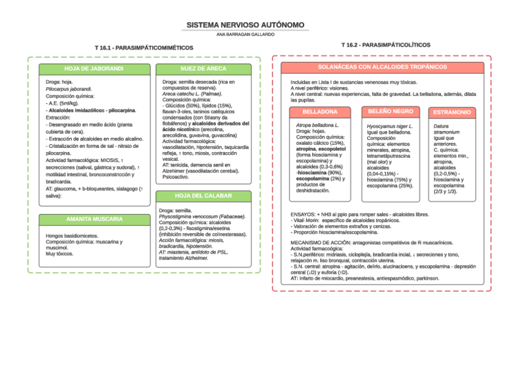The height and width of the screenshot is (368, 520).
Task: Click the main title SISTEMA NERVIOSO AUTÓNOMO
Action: coord(245,25)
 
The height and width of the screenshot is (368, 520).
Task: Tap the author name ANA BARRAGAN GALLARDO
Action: coord(245,34)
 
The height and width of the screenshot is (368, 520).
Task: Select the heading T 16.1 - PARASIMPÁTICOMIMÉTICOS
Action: coord(143,47)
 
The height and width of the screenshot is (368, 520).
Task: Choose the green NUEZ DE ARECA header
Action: coord(203,69)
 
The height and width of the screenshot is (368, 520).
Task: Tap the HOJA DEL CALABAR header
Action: coord(203,196)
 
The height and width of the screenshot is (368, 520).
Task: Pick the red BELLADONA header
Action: coord(319,112)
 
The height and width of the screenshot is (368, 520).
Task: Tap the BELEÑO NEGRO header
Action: coord(390,112)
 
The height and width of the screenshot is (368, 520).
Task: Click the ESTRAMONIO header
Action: coord(452,112)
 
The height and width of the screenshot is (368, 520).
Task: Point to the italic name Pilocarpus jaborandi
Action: coord(69,89)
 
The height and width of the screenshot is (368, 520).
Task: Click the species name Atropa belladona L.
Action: coord(317,125)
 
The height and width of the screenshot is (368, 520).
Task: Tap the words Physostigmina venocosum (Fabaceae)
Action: coord(202,217)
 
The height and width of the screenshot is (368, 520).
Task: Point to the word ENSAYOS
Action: coord(304,215)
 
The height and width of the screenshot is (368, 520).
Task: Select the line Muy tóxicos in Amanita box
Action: coord(60,254)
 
